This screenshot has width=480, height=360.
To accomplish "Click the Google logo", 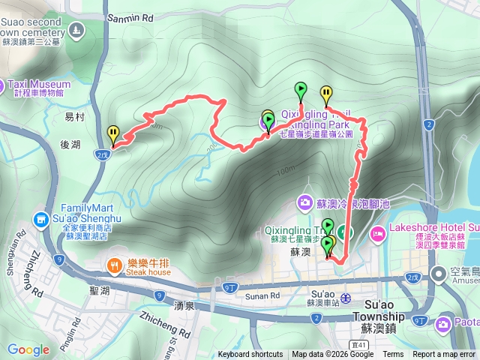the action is [x=28, y=349].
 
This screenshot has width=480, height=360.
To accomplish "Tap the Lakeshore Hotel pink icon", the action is [x=378, y=234].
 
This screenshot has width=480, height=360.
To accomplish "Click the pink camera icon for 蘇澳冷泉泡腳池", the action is [x=304, y=202].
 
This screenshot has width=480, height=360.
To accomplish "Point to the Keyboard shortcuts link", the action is [x=250, y=355].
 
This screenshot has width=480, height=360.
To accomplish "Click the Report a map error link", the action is [x=445, y=355].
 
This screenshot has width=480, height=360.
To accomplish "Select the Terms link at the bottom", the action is [x=393, y=355].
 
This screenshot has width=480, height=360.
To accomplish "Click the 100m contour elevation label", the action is [x=285, y=172].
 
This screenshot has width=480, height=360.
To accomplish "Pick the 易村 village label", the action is [x=74, y=118].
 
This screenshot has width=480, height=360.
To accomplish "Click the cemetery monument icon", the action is [x=76, y=30].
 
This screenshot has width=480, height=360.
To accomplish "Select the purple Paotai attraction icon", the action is [x=442, y=323].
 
